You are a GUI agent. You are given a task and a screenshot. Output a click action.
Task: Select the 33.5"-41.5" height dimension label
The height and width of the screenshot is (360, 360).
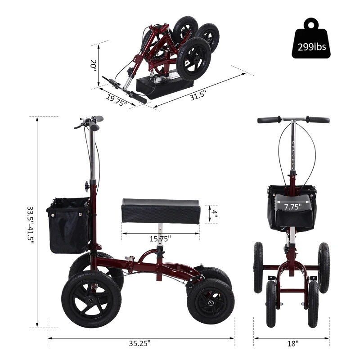[31, 224]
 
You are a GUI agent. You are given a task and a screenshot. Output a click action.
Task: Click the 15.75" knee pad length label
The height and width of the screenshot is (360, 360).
[160, 238]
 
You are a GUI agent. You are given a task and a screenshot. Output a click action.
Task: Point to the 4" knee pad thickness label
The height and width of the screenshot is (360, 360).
[215, 213]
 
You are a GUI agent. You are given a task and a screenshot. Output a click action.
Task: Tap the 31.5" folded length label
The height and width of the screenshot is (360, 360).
[198, 97]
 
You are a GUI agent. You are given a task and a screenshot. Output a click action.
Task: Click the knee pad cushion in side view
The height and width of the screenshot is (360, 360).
[160, 210]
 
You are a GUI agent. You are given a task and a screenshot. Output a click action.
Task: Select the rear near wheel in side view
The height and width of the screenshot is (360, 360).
[210, 300]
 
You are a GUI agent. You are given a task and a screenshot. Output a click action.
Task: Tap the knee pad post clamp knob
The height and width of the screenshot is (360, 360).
[159, 253]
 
